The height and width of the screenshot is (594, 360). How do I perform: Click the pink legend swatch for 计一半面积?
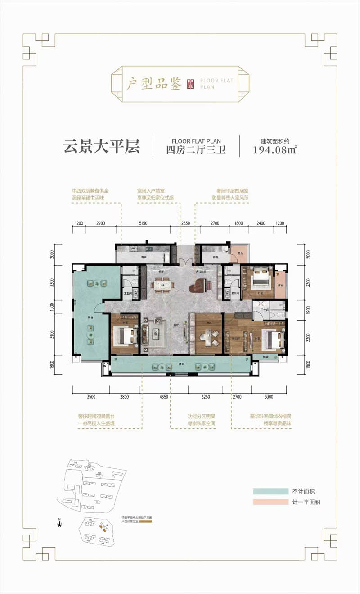[x=270, y=502]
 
